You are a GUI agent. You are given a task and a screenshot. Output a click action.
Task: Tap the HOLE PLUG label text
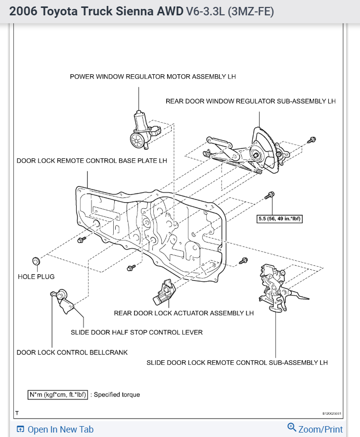coord(36,276)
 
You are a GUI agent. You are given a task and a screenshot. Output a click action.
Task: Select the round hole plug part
coord(36,261)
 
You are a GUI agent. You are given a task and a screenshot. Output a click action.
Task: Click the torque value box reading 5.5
coord(280,218)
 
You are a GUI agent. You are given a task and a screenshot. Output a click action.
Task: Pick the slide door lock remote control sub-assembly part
coord(275,287)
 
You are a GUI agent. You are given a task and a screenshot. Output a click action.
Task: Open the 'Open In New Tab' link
coord(55,429)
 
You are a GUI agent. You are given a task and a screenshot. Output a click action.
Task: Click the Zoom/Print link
coord(315,429)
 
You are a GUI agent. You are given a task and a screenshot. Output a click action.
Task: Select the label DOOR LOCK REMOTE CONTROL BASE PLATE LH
coord(92,161)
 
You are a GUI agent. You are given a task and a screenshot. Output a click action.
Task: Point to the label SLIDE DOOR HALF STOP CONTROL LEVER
coord(136,332)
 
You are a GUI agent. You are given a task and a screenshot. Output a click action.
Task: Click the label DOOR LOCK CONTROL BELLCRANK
coord(72,352)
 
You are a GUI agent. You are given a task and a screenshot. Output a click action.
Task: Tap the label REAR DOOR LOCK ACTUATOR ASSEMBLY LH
coord(183,313)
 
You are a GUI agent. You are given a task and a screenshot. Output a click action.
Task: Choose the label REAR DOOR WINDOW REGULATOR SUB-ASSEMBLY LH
coord(251,101)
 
